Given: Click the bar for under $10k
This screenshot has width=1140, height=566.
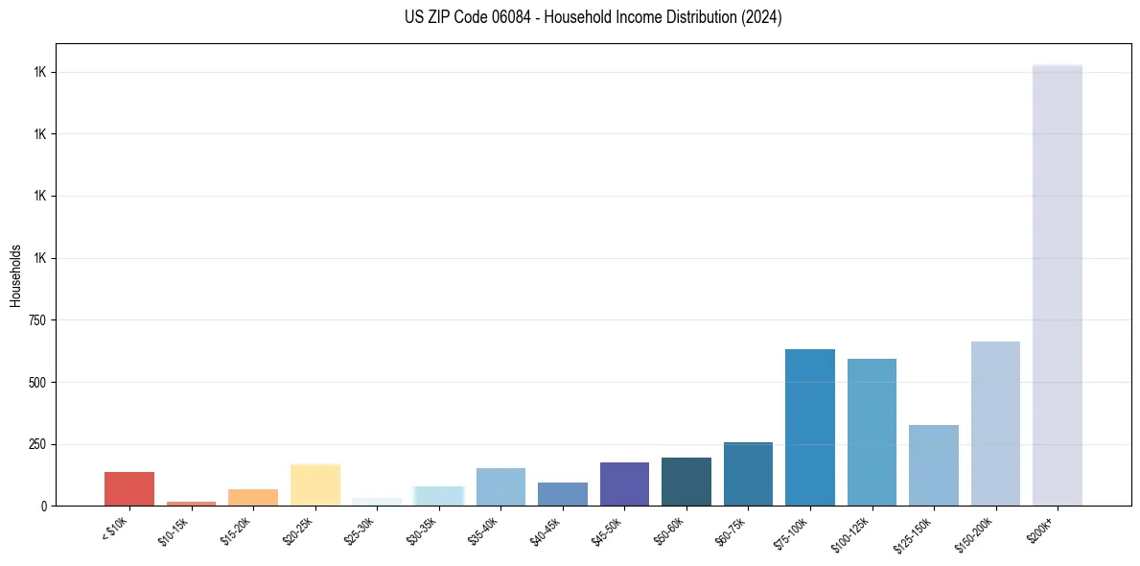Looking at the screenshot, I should (x=128, y=488).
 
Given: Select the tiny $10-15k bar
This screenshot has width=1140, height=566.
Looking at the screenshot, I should (x=191, y=503).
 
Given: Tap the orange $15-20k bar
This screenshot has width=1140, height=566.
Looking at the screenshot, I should (x=253, y=497).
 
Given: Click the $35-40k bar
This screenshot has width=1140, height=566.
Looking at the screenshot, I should (x=500, y=486).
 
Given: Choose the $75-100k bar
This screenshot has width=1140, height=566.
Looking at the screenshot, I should (x=810, y=427).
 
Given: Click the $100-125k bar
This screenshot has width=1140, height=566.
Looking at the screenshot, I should (x=872, y=432).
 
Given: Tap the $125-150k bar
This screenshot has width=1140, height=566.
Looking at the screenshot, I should (x=934, y=465).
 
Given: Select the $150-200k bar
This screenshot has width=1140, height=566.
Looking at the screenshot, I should (x=995, y=423).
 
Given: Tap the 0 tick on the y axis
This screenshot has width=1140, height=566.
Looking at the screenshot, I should (x=43, y=507).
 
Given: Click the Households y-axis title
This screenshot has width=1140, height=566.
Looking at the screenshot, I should (x=15, y=275).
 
